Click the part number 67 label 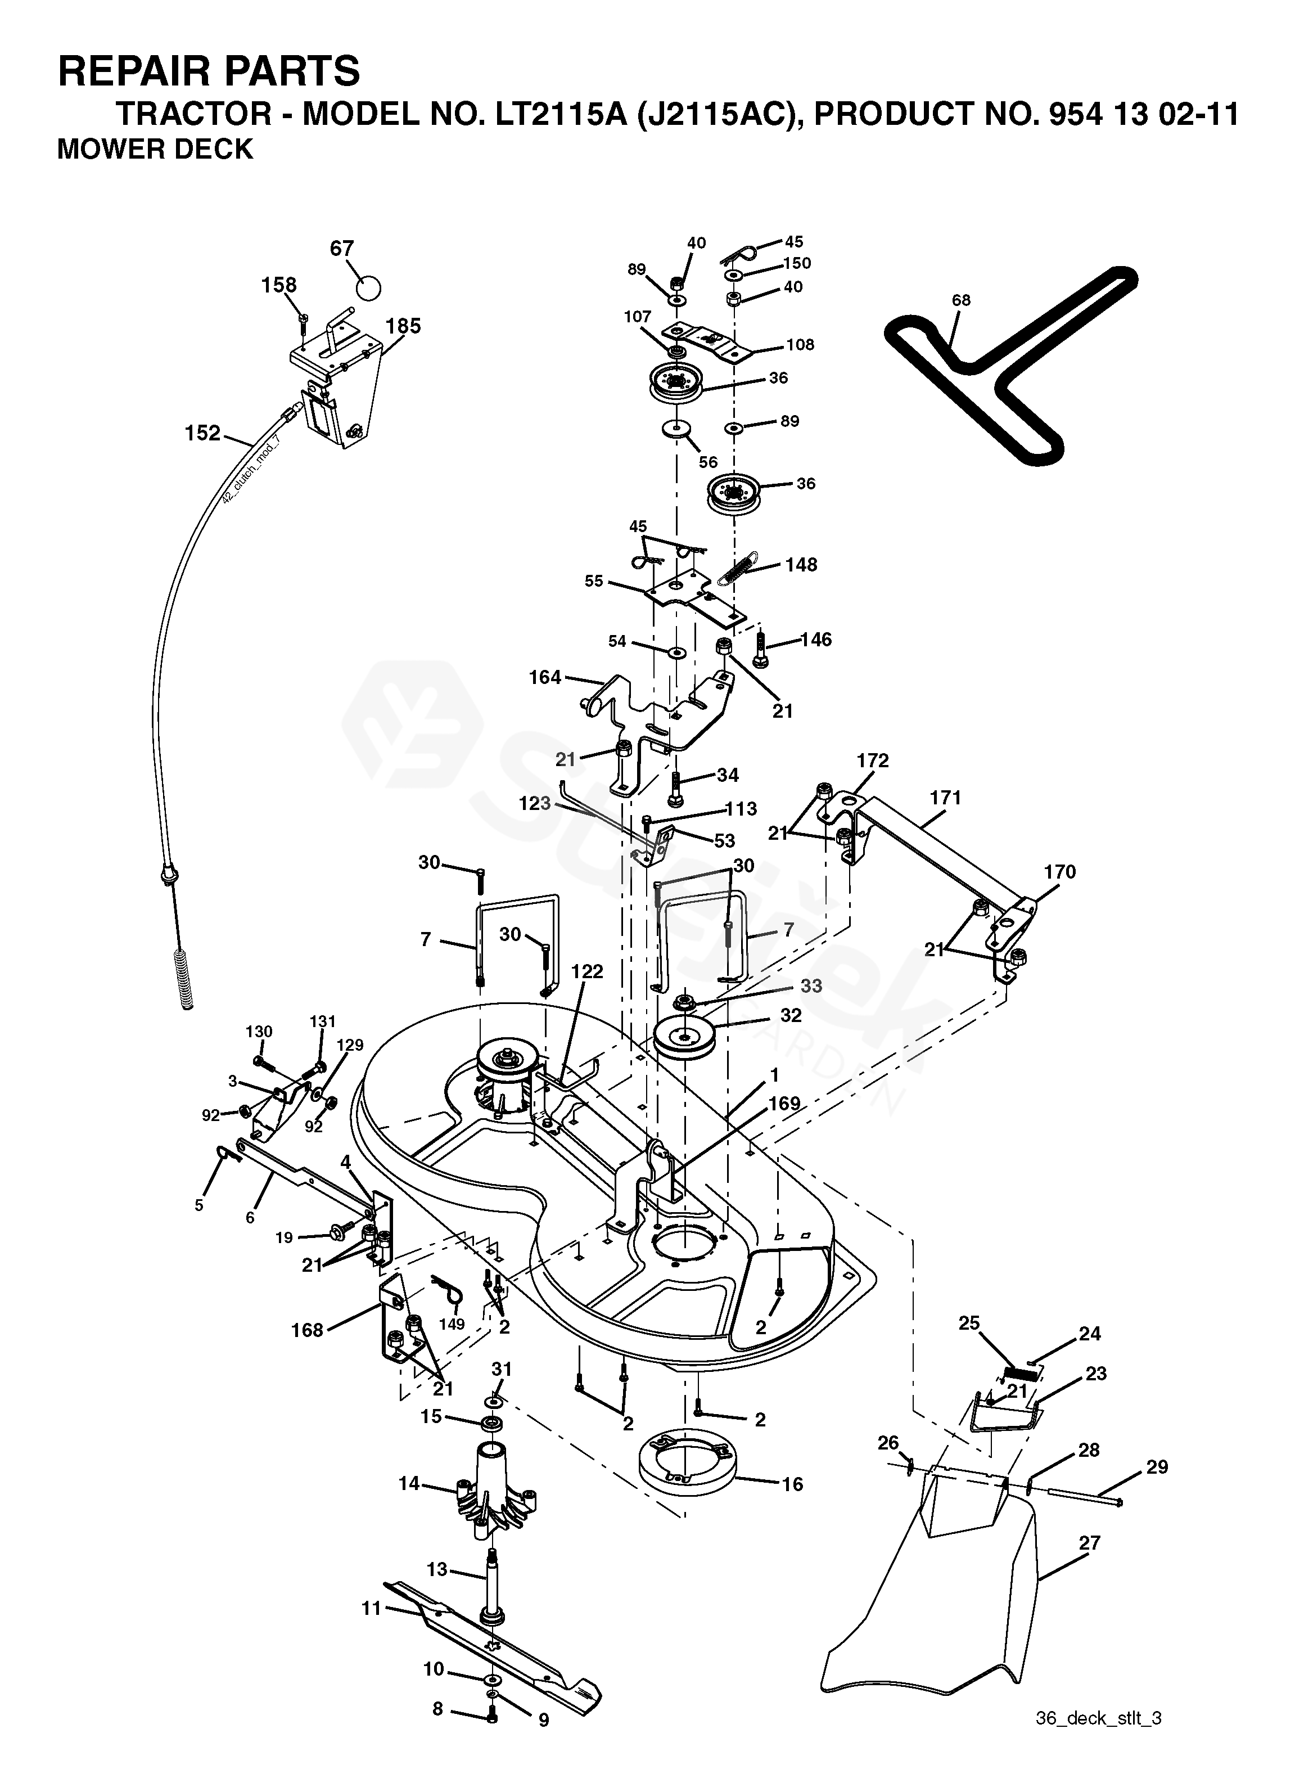click(x=342, y=249)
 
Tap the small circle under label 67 click(x=368, y=286)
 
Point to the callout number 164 click(x=545, y=677)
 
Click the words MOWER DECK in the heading click(x=155, y=149)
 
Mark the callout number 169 click(x=784, y=1104)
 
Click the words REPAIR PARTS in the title click(x=209, y=71)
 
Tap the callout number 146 click(x=816, y=640)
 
